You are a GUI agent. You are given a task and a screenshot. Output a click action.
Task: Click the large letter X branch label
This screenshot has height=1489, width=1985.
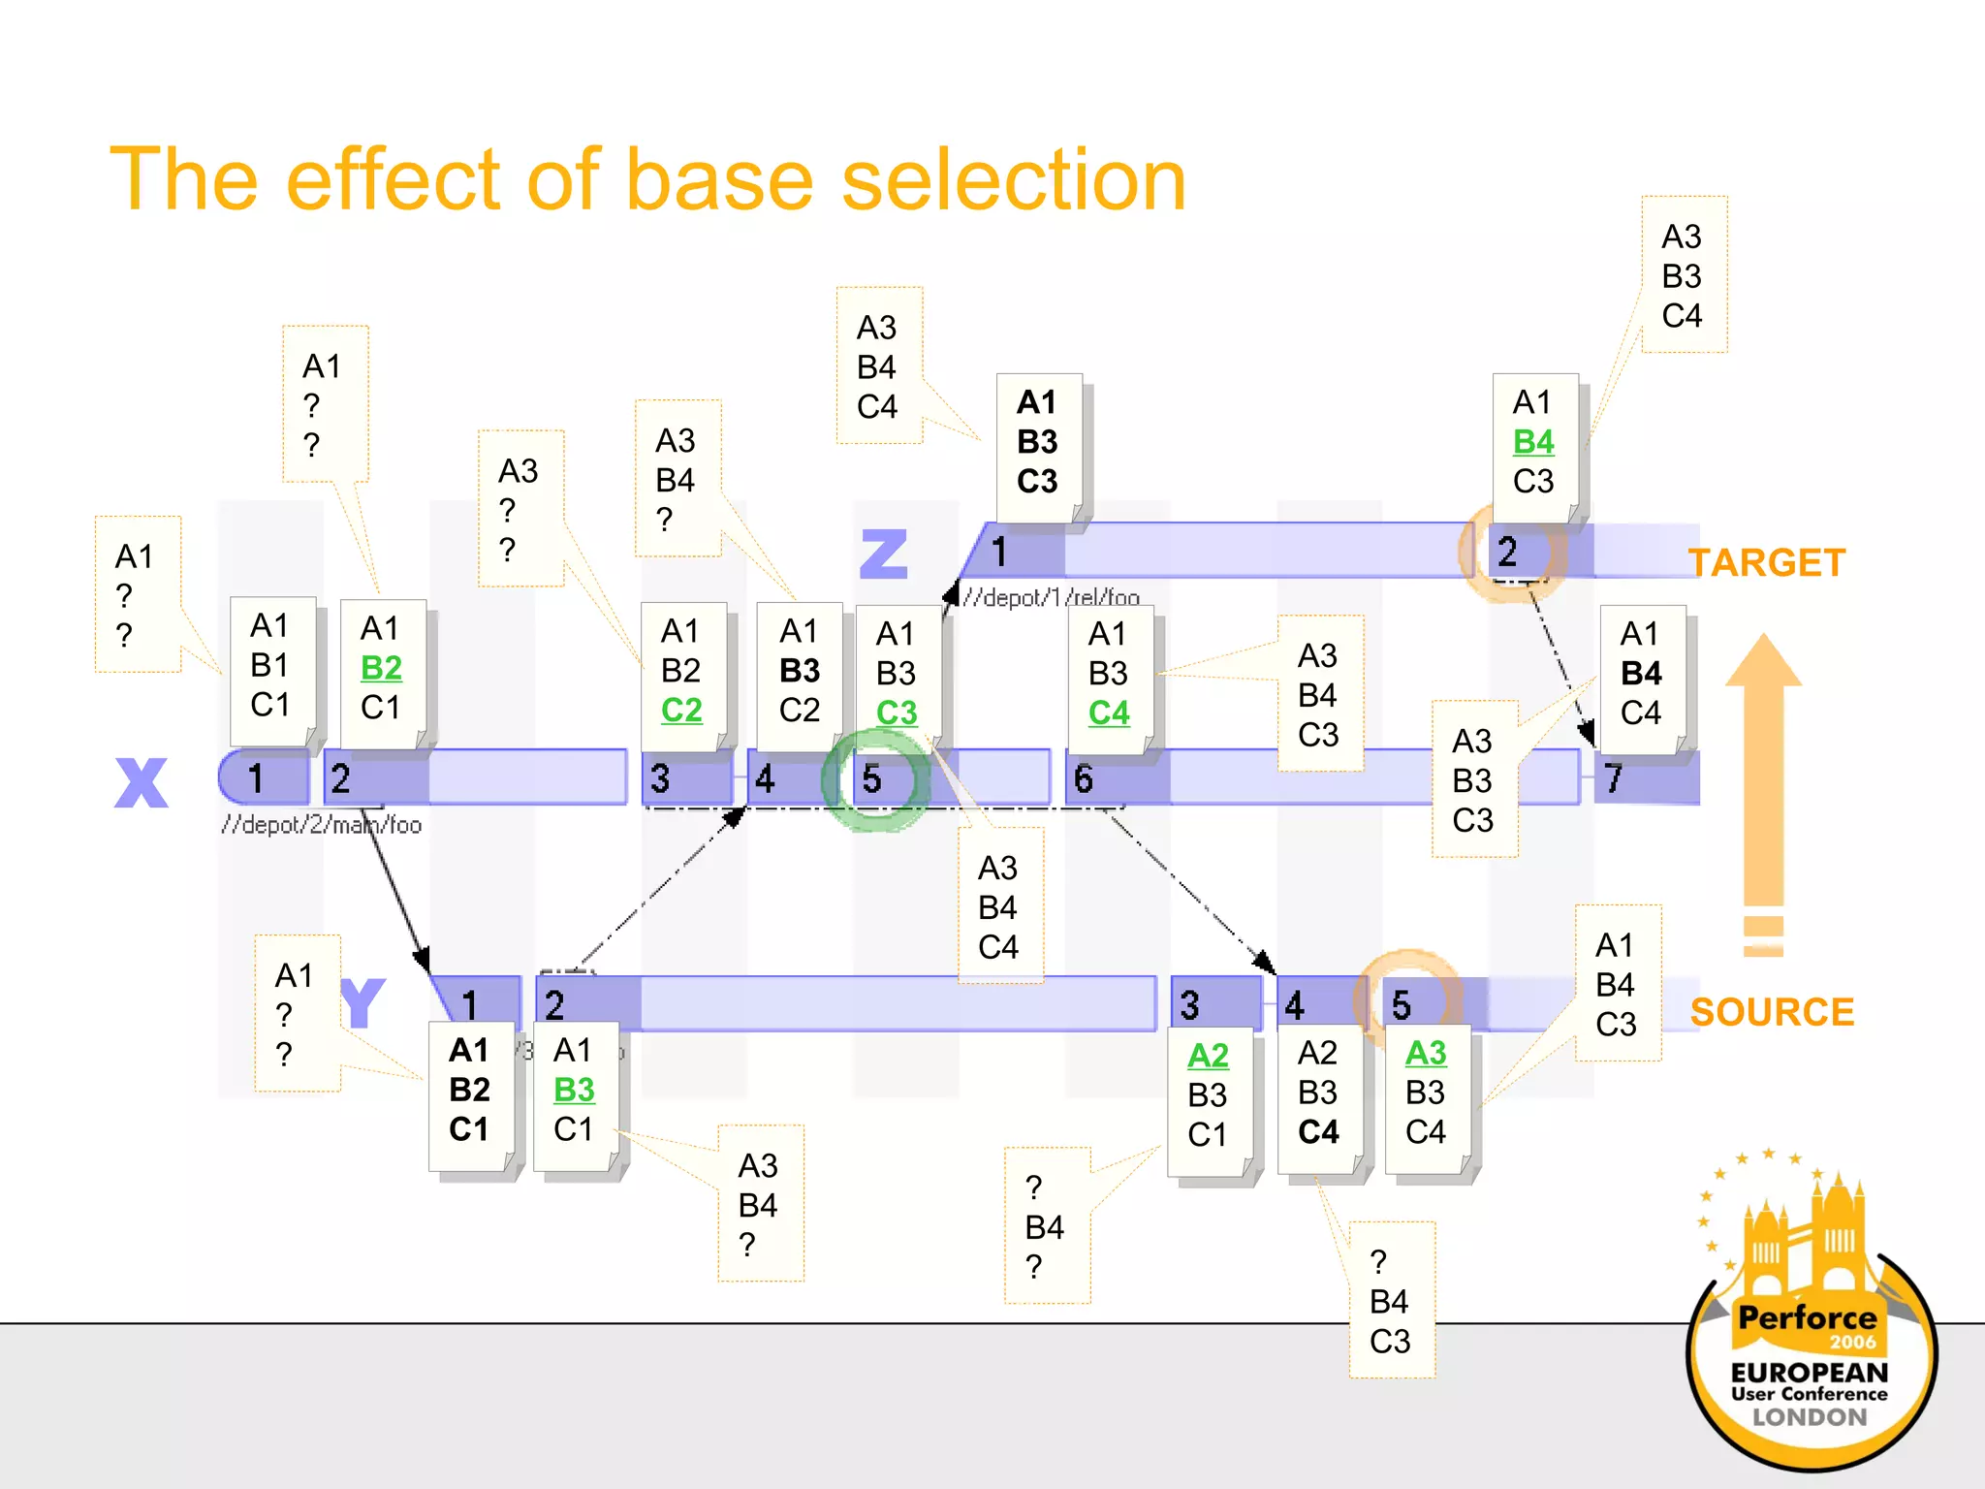coord(142,782)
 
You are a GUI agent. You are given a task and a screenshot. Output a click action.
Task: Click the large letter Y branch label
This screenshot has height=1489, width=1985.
coord(363,1003)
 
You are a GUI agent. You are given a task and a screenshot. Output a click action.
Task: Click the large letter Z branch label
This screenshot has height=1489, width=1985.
coord(884,554)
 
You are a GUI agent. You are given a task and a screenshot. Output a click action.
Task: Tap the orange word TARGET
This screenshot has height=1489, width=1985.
coord(1767,563)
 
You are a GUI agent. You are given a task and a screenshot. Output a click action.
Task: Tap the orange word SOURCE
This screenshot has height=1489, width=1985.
coord(1772,1012)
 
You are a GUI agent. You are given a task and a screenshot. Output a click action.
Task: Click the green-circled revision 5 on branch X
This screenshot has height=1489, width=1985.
coord(873,779)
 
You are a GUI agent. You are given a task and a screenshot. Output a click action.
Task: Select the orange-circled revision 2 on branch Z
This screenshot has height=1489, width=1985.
coord(1508,553)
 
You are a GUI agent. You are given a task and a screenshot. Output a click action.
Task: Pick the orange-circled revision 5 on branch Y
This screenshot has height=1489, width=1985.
coord(1402,1005)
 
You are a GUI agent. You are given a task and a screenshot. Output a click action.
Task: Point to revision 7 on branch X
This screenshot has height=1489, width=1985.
coord(1614,778)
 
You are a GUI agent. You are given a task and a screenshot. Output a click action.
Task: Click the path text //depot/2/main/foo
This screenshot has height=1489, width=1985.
coord(321,825)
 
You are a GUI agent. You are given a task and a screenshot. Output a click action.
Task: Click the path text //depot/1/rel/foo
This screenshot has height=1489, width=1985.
coord(1052,597)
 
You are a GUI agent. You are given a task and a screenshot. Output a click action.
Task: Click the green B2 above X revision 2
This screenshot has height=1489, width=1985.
coord(381,668)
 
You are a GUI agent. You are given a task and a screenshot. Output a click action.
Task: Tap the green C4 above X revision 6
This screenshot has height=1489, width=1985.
coord(1109,713)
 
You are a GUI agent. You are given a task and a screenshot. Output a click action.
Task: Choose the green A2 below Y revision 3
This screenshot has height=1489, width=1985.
coord(1208,1055)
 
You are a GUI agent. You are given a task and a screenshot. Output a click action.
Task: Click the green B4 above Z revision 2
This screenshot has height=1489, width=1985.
coord(1533,442)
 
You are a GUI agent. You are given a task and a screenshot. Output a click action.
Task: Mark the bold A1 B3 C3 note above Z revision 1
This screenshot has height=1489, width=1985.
coord(1038,443)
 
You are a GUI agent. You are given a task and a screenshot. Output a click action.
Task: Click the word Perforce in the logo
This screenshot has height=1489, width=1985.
coord(1807,1317)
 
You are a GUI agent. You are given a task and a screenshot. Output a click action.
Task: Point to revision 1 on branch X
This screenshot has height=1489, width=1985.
coord(256,778)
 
